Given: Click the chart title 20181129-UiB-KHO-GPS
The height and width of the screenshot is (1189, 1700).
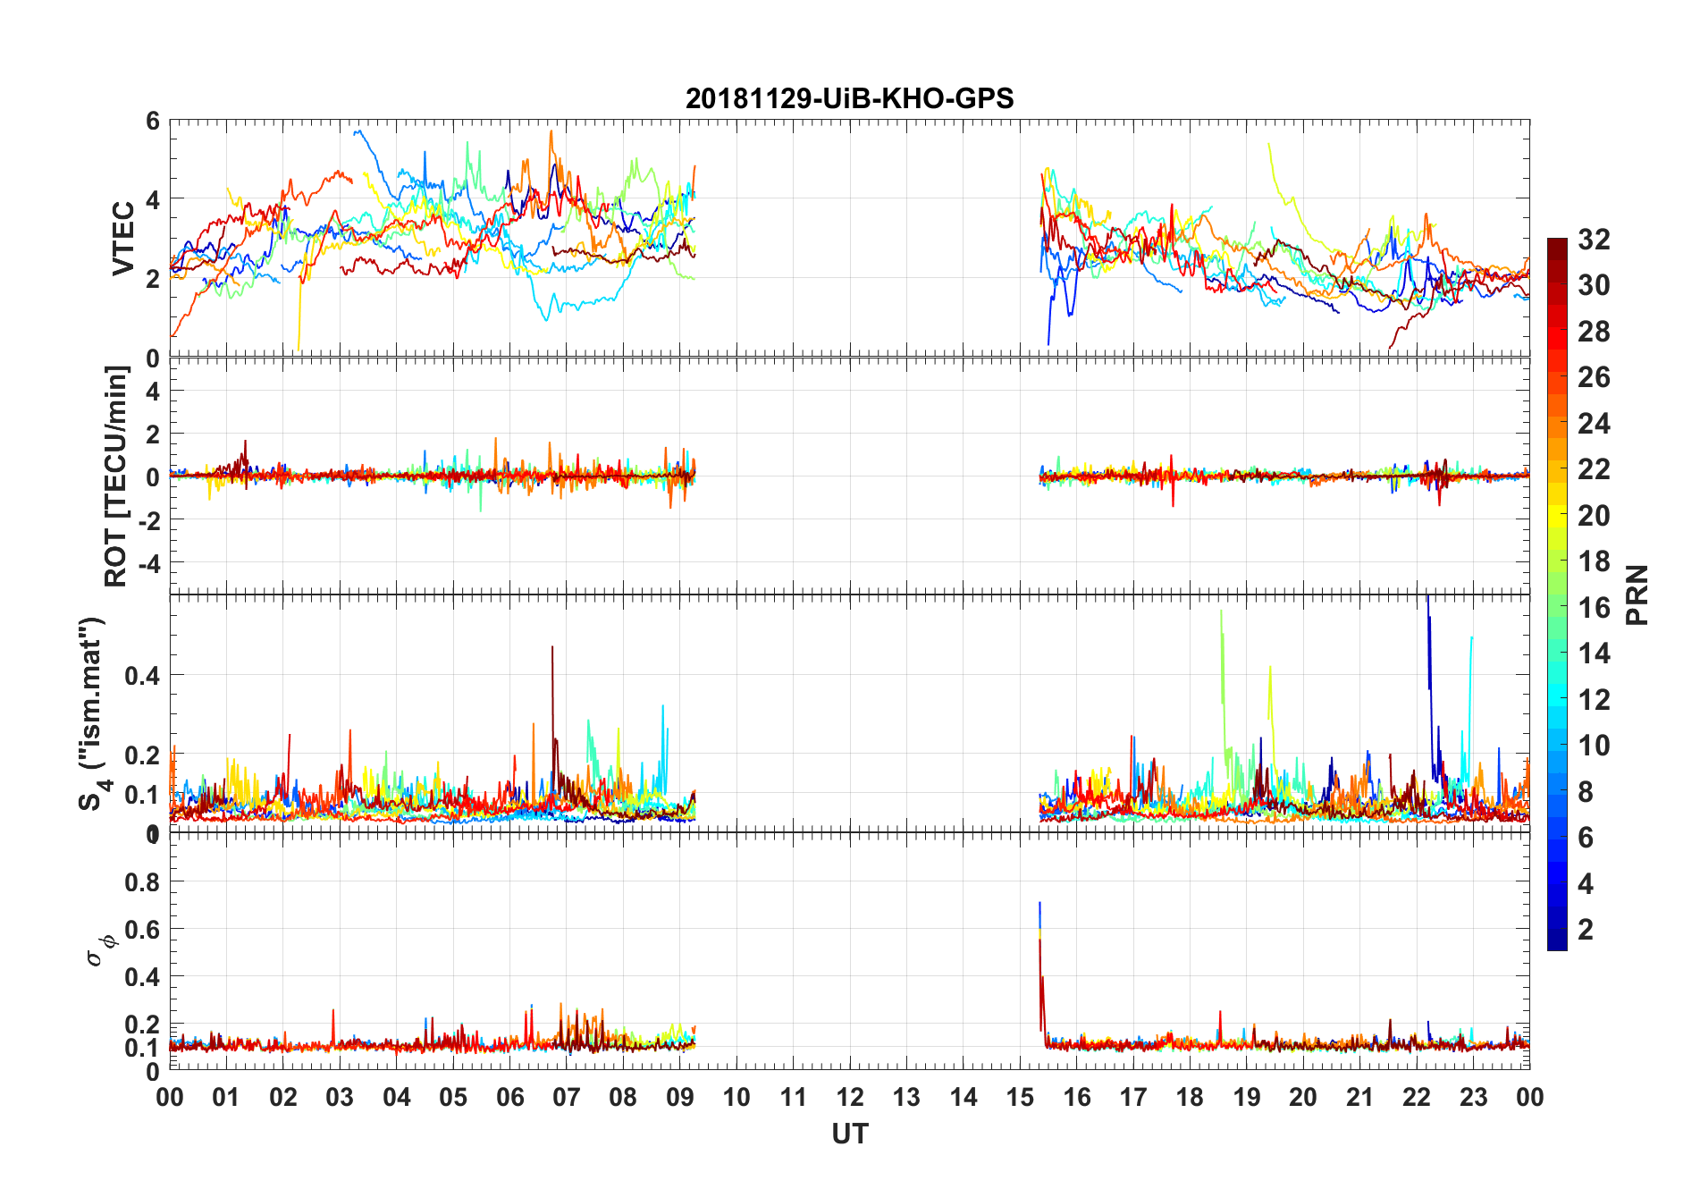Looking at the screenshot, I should (849, 98).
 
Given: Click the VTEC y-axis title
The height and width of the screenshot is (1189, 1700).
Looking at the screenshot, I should (123, 239).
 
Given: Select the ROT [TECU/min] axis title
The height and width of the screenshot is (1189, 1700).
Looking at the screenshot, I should (116, 476).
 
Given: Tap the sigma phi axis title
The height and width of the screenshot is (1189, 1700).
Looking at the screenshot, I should (101, 949).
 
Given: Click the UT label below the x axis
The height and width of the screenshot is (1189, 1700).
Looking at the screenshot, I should (849, 1134).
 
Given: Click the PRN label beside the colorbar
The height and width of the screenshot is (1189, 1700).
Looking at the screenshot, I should (1637, 594).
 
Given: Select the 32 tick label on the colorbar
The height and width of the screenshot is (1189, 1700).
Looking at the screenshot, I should (1594, 240).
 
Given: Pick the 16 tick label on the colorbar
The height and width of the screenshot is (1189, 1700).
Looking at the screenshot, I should (1594, 608).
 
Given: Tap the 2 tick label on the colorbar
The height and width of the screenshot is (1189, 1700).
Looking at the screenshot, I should (1586, 930).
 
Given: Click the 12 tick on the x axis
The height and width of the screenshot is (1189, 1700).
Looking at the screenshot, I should (850, 1097).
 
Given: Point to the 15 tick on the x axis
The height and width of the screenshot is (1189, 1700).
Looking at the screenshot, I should (1020, 1097).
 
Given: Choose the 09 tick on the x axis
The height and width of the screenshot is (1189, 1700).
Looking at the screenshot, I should (680, 1097).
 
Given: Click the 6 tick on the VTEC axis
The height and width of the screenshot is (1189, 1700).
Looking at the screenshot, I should (153, 121).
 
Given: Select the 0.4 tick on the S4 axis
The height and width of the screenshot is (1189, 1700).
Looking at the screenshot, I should (143, 676).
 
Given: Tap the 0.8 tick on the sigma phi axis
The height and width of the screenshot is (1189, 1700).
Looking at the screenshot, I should (143, 882).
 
